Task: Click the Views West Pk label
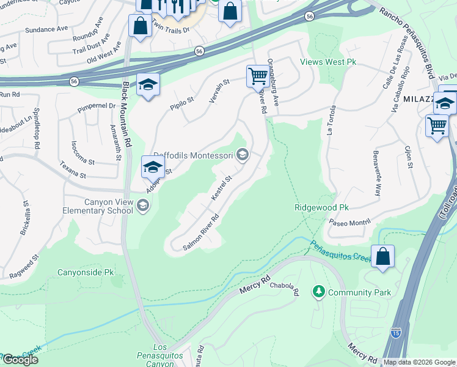click(x=327, y=62)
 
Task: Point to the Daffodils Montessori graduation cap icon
click(x=243, y=155)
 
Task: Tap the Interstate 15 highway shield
click(x=396, y=333)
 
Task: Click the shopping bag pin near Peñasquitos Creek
click(x=382, y=258)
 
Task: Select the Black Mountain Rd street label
click(x=127, y=114)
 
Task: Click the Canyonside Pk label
click(x=86, y=272)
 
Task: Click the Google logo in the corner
click(x=20, y=359)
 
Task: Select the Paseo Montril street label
click(x=350, y=222)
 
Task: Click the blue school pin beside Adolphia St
click(x=152, y=166)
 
